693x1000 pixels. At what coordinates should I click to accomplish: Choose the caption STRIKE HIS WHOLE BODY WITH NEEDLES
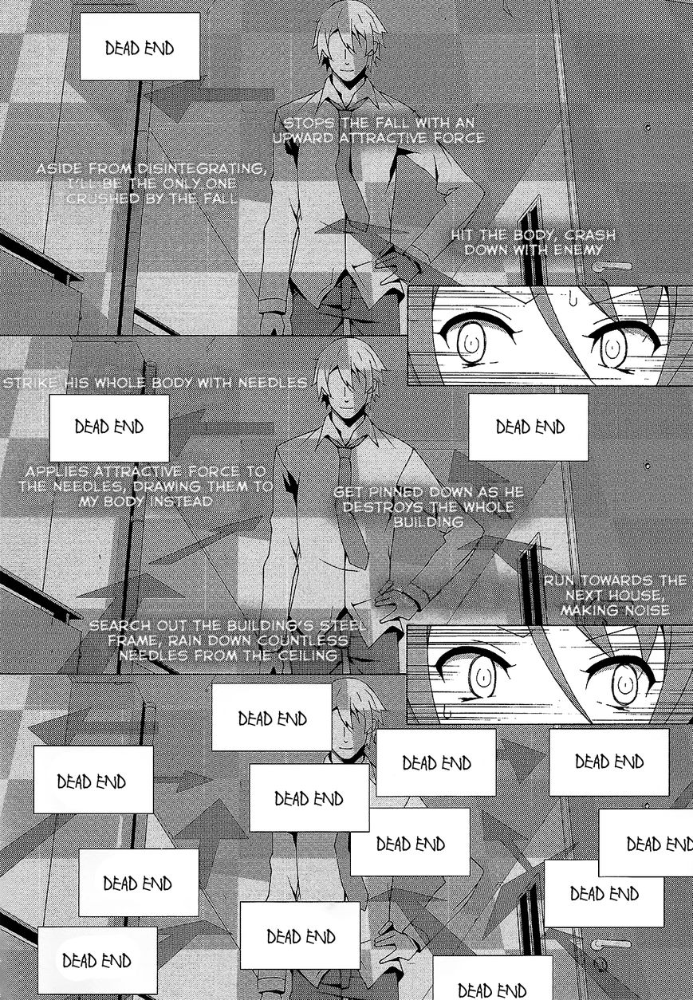click(155, 384)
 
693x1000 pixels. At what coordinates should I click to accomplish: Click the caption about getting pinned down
click(428, 506)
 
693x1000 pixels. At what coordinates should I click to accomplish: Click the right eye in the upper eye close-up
click(612, 344)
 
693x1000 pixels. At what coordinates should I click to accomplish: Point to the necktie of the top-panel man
click(348, 167)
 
